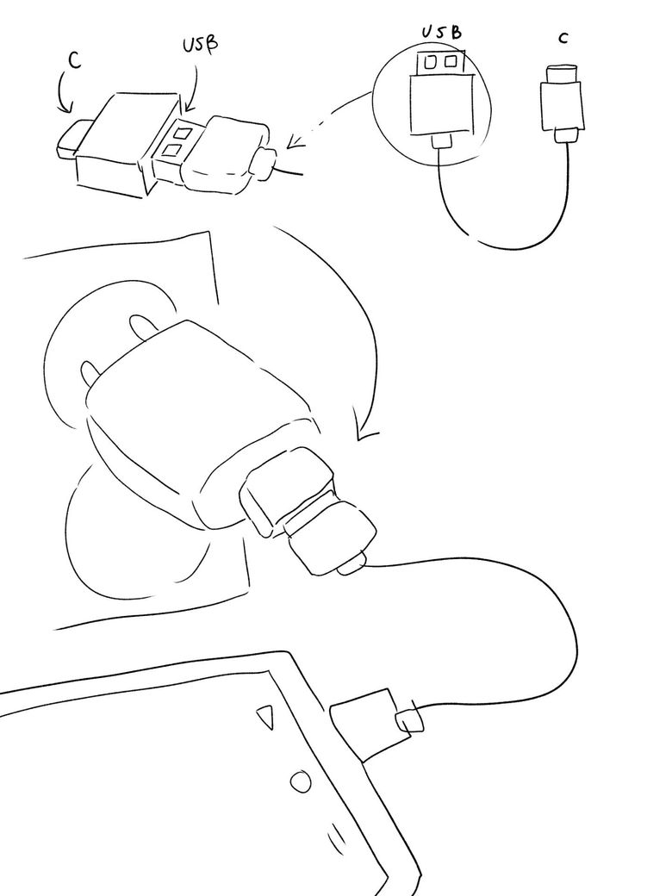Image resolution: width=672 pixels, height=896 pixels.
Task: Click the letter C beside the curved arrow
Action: point(74,60)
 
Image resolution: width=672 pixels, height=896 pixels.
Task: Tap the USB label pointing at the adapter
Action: point(200,46)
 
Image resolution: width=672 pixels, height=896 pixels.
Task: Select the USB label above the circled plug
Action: point(440,31)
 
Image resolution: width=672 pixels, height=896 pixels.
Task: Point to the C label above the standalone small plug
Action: point(563,38)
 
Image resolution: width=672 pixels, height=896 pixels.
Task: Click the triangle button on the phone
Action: point(265,717)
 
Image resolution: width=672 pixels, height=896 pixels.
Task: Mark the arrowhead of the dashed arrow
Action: point(295,141)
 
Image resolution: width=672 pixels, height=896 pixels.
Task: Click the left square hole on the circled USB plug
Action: point(432,60)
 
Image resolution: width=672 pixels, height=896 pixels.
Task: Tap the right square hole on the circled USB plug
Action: point(451,59)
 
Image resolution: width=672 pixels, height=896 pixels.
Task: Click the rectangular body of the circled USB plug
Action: point(442,104)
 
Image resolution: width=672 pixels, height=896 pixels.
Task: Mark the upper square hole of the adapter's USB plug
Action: point(183,134)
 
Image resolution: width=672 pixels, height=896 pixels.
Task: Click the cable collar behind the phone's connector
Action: point(410,721)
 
